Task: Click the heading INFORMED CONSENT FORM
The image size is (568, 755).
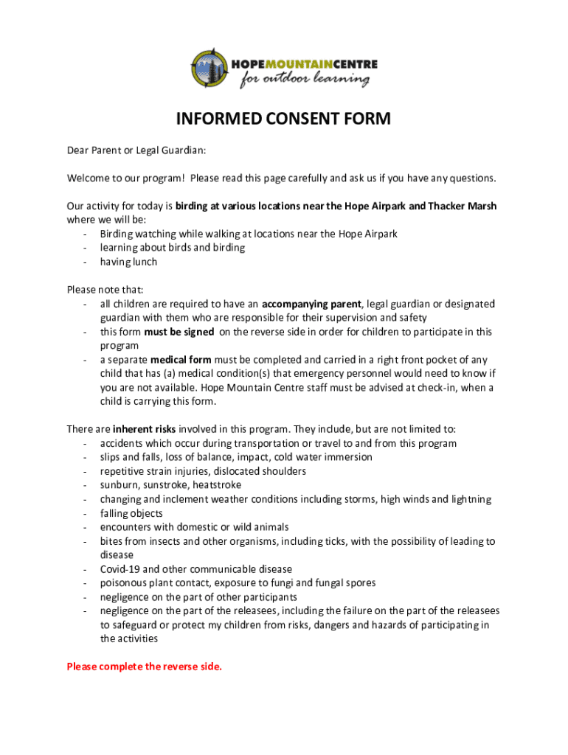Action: tap(283, 119)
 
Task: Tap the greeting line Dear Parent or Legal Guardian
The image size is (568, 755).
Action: tap(136, 150)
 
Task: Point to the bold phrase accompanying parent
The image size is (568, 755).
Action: tap(312, 304)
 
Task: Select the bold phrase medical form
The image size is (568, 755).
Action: tap(181, 360)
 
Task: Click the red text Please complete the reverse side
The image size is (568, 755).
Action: tap(144, 667)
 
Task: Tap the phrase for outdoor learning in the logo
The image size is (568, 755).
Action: tap(304, 79)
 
